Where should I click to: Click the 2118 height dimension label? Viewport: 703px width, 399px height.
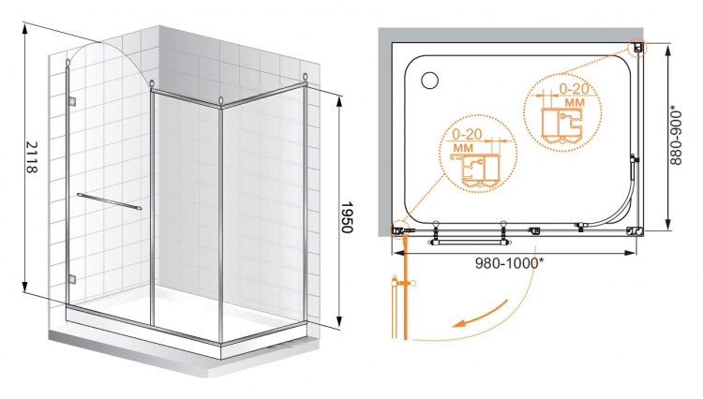pos(31,156)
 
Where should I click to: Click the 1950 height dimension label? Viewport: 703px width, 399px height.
pos(347,217)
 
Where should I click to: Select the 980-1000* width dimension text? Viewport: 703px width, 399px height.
pos(509,263)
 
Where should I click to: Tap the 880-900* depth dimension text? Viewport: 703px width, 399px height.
pos(676,135)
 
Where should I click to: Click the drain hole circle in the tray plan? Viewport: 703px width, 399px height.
pos(429,81)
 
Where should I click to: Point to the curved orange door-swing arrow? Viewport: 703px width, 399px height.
pos(480,315)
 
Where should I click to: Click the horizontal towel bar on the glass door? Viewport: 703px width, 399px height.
pos(109,202)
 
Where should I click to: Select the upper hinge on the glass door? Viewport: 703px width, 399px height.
pos(72,102)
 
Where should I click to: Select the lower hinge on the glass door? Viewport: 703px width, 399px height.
pos(72,280)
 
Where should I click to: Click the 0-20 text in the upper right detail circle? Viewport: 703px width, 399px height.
pos(574,89)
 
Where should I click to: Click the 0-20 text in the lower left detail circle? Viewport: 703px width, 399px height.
pos(467,134)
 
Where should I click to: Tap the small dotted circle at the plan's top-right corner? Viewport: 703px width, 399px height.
pos(637,47)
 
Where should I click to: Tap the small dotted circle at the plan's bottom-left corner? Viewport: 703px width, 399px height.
pos(398,230)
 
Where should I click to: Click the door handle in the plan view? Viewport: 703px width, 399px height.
pos(469,242)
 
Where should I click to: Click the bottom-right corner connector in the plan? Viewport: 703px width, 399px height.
pos(635,231)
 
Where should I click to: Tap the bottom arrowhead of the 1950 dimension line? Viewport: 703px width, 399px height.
pos(339,321)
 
